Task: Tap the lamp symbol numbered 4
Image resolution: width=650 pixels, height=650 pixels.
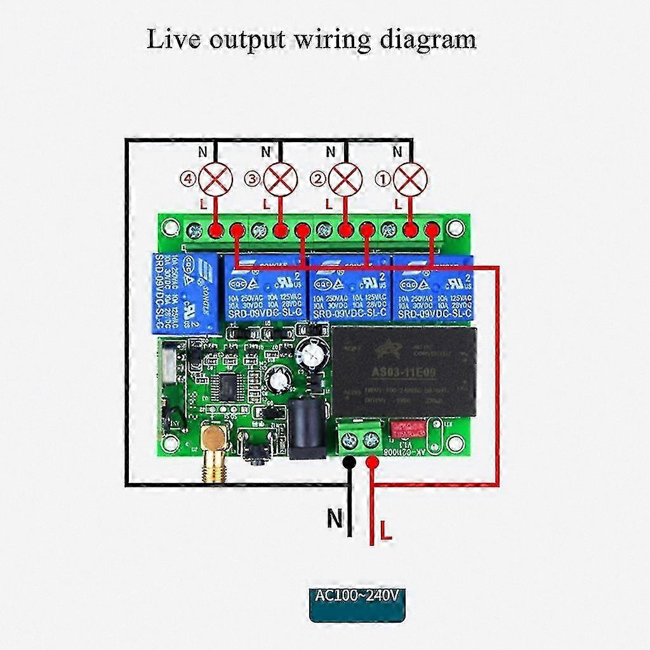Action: (215, 179)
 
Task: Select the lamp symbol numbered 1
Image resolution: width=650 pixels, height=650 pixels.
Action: (410, 179)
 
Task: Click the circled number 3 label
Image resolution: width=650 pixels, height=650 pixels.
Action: (253, 180)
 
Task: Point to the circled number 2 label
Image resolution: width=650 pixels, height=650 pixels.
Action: (317, 180)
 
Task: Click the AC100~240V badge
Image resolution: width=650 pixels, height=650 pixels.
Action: (357, 597)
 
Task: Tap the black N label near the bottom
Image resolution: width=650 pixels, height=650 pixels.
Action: (335, 519)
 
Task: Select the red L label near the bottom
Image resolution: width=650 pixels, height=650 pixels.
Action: (385, 531)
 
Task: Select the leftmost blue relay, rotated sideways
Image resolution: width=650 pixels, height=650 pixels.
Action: (184, 292)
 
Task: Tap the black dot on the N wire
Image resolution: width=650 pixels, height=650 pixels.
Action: (348, 464)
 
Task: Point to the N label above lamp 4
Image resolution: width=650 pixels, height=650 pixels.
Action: (203, 152)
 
